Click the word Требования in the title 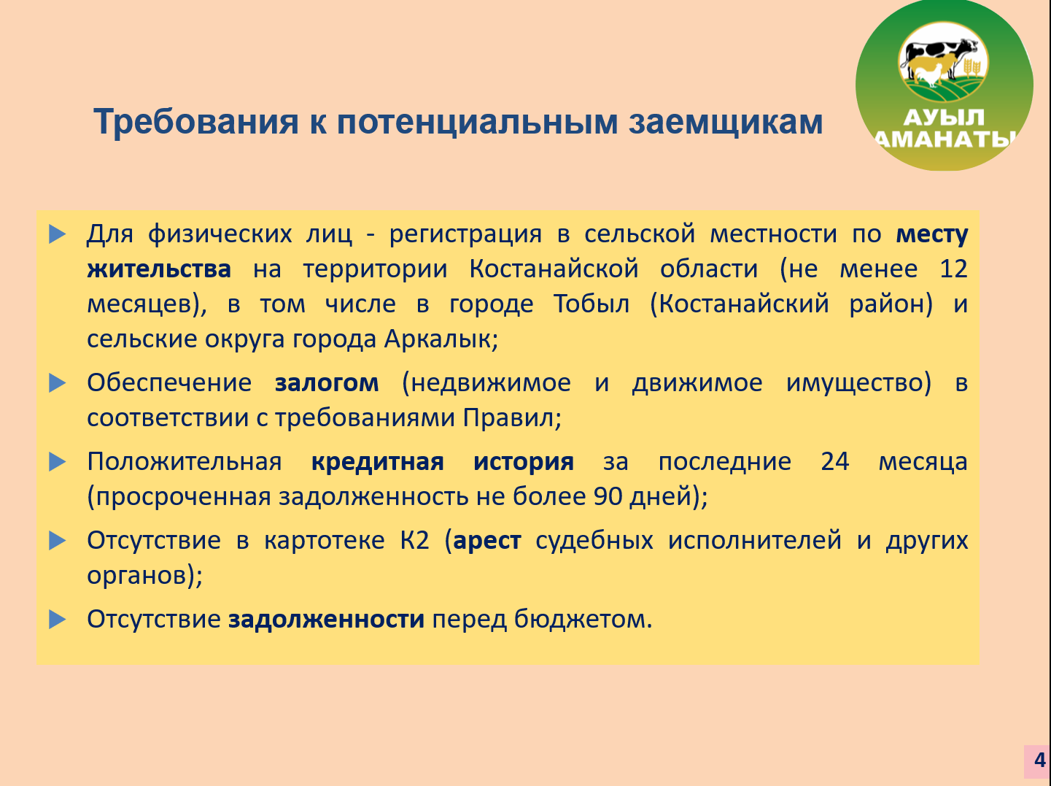(196, 122)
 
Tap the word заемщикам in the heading (726, 122)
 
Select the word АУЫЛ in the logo (944, 117)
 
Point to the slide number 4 (1039, 760)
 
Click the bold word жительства (159, 269)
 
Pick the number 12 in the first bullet (953, 269)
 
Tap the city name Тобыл (591, 304)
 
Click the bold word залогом (327, 383)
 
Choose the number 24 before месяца (834, 462)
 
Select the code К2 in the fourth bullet (415, 540)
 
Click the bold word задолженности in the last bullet (326, 620)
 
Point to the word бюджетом (583, 620)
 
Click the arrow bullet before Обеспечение (57, 383)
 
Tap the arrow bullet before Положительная (57, 462)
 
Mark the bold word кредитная (377, 462)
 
